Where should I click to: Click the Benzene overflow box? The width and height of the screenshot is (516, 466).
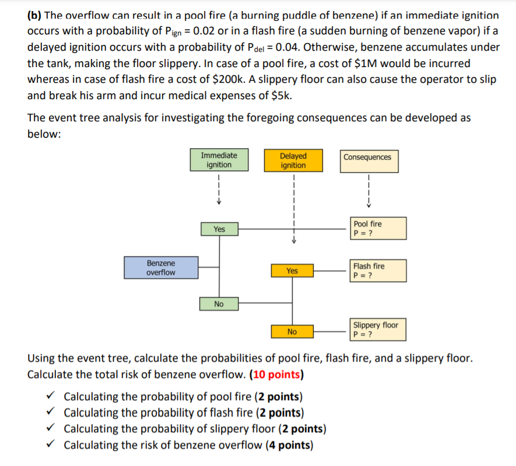click(160, 268)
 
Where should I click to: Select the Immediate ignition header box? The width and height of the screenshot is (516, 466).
click(219, 160)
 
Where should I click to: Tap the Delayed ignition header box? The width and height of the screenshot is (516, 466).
click(293, 160)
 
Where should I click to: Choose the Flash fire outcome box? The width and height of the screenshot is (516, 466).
click(375, 271)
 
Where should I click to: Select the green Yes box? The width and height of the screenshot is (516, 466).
click(219, 229)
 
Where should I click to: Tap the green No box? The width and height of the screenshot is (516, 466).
click(219, 304)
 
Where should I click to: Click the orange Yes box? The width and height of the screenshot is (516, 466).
click(292, 271)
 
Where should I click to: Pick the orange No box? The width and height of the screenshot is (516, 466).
click(292, 332)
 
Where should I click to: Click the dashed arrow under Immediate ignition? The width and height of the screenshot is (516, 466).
click(219, 190)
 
